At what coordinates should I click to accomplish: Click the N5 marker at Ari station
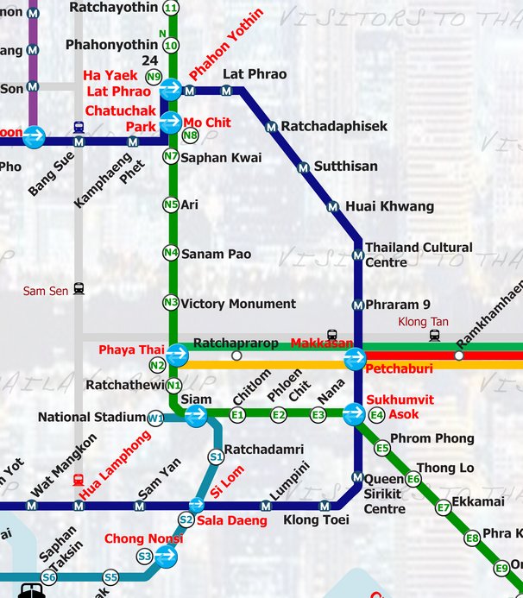[x=171, y=205]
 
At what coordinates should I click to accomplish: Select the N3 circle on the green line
[x=171, y=303]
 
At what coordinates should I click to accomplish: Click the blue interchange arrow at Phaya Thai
[x=178, y=354]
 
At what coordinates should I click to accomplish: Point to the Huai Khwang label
[x=389, y=207]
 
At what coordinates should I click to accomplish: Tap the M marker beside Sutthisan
[x=303, y=167]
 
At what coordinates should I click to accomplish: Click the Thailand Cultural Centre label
[x=419, y=255]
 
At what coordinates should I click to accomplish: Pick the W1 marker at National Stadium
[x=156, y=419]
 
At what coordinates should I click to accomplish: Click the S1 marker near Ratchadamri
[x=216, y=456]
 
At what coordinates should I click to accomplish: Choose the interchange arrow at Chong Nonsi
[x=166, y=557]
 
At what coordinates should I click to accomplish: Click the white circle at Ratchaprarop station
[x=236, y=355]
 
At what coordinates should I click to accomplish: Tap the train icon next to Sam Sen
[x=79, y=290]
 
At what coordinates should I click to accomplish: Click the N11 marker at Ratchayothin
[x=171, y=8]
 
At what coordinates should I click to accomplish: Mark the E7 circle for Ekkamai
[x=444, y=507]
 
